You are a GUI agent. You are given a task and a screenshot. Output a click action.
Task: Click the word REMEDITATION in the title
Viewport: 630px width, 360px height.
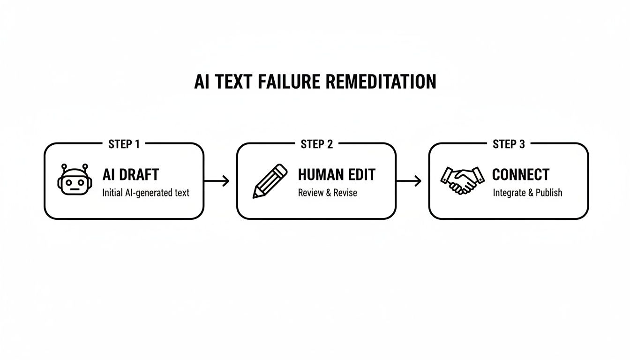click(380, 82)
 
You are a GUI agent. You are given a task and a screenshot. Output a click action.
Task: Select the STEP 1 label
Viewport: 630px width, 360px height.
click(124, 144)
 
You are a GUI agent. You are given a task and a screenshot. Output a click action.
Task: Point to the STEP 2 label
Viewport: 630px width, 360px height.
click(316, 144)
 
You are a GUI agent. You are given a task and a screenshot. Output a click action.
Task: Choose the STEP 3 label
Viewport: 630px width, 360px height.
click(509, 144)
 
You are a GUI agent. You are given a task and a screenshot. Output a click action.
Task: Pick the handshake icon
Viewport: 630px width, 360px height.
click(463, 180)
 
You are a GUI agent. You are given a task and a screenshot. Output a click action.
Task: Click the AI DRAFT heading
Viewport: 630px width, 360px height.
click(131, 175)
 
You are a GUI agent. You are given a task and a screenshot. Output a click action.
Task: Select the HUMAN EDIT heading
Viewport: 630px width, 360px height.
click(337, 175)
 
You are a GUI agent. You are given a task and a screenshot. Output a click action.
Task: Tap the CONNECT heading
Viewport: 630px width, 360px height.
click(520, 175)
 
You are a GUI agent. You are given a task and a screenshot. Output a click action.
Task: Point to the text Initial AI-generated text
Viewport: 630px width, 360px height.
click(146, 193)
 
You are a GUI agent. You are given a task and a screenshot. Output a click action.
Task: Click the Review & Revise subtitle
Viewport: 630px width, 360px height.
click(327, 193)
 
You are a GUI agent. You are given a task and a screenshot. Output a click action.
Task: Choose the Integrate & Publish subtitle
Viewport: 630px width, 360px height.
click(527, 193)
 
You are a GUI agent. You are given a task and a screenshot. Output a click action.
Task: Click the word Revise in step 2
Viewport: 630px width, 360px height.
click(345, 193)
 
